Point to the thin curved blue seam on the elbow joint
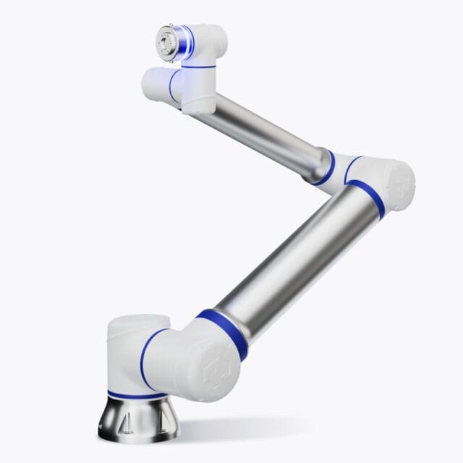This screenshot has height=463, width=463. tap(350, 167)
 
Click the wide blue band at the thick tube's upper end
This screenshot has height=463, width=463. tap(369, 199)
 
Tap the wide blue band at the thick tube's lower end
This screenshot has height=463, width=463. tap(221, 333)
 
